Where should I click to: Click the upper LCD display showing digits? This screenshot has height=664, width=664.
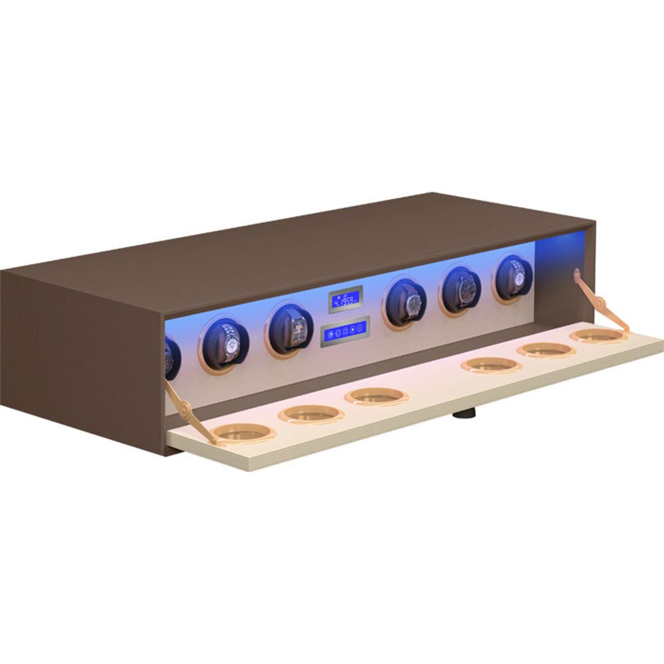(x=345, y=299)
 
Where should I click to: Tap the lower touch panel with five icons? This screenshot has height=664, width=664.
(x=345, y=331)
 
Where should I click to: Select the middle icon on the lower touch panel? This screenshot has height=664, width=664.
(x=345, y=331)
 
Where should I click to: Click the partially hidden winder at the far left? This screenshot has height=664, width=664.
(x=171, y=357)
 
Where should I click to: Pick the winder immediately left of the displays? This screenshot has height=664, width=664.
(x=291, y=329)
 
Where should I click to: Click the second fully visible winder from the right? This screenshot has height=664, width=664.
(x=460, y=290)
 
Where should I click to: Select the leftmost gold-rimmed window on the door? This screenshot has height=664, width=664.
(x=245, y=433)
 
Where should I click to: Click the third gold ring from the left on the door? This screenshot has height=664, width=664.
(x=377, y=397)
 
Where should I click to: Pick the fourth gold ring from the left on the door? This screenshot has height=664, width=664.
(x=491, y=365)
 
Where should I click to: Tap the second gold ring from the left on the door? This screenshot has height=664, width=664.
(x=310, y=414)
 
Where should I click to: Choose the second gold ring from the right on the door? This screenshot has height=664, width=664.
(x=546, y=349)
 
